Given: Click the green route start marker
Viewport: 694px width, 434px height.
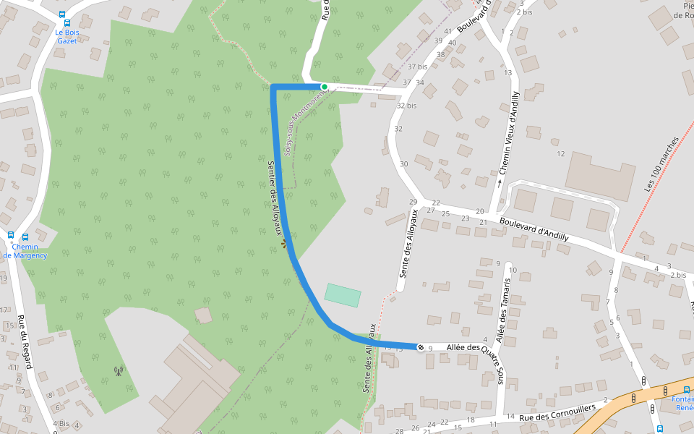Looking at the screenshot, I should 325,87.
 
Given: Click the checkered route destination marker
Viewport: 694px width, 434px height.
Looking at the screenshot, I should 421,348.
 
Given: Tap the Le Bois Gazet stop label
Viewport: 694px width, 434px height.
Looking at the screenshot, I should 67,36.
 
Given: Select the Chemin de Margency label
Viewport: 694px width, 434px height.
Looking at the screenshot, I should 25,251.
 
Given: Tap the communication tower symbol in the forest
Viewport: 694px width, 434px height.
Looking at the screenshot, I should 119,372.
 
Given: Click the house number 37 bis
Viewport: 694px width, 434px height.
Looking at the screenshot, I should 417,67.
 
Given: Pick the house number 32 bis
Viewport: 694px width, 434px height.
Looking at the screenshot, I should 407,106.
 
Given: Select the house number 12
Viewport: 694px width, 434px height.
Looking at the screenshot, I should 560,153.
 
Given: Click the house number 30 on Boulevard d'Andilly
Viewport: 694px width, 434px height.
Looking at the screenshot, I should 403,164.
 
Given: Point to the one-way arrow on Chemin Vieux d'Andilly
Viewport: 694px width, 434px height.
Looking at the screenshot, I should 500,182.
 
